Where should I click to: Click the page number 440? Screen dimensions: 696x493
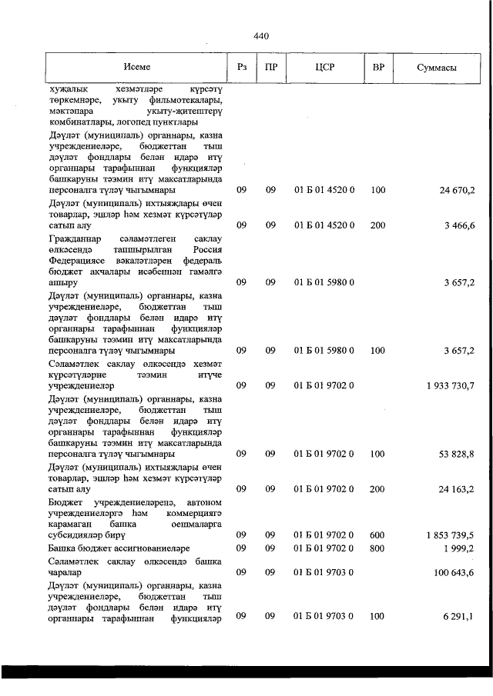[260, 36]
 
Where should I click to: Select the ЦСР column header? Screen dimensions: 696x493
[324, 68]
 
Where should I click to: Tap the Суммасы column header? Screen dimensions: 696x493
[438, 68]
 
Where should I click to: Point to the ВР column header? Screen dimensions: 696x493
[378, 68]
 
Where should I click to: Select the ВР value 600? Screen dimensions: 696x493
[377, 534]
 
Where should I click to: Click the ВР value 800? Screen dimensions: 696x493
[377, 548]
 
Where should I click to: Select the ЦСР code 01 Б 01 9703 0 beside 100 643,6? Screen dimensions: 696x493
[324, 572]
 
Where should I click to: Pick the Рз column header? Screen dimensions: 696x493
[241, 68]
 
